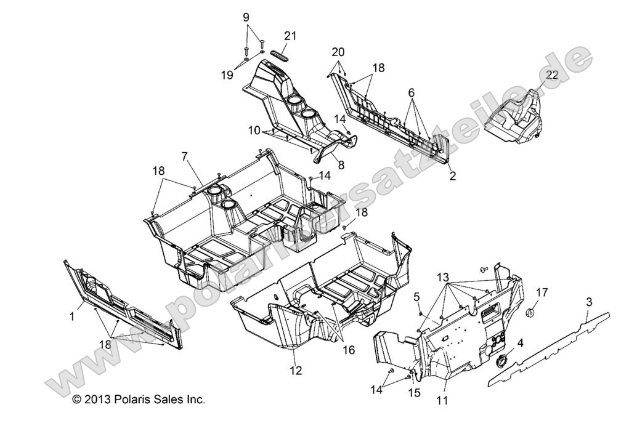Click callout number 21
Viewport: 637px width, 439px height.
click(290, 36)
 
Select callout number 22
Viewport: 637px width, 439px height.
click(552, 75)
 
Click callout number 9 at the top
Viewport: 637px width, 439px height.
click(246, 17)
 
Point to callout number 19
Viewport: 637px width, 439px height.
click(227, 75)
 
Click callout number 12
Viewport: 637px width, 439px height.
click(296, 371)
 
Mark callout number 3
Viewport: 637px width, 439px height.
click(589, 302)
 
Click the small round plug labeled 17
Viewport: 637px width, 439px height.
click(529, 313)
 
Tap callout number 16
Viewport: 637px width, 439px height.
click(349, 350)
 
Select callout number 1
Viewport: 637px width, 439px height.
click(72, 316)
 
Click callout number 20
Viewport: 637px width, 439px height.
click(338, 52)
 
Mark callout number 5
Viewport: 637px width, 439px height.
click(417, 297)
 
